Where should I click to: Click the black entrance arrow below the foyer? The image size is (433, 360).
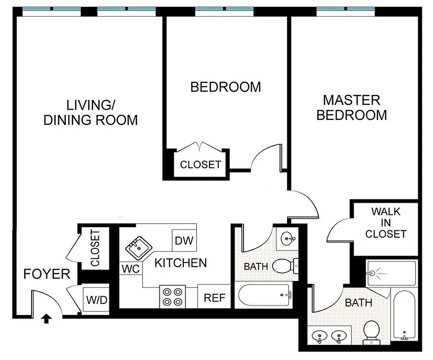[x=46, y=319]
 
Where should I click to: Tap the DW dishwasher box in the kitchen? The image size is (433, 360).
[x=184, y=240]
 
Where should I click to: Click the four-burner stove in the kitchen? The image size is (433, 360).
[x=173, y=297]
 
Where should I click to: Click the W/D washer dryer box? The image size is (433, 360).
[x=97, y=299]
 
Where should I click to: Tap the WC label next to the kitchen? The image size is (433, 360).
[x=131, y=269]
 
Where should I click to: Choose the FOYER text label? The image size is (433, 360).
[x=47, y=274]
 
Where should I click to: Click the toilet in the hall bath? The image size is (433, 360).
[x=283, y=265]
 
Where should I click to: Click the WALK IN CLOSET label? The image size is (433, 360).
[x=386, y=222]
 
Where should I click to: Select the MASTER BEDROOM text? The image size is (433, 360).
[x=351, y=107]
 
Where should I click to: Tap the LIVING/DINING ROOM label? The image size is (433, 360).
[x=90, y=113]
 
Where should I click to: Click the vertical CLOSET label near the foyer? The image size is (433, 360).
[x=95, y=248]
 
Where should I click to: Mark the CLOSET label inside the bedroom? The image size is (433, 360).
[x=200, y=165]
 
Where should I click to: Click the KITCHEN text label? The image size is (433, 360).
[x=180, y=263]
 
